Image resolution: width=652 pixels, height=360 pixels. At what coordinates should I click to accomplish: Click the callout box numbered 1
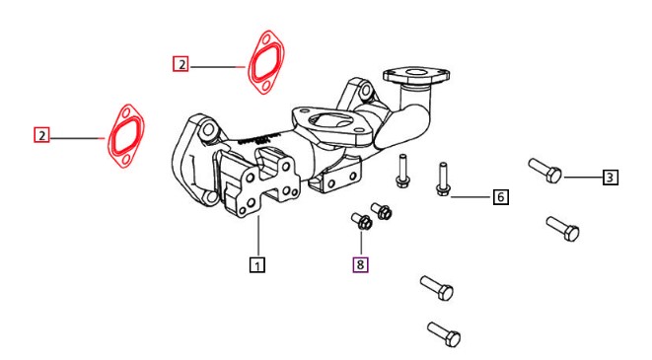coord(257,264)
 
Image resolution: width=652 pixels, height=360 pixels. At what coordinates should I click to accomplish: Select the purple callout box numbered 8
coord(360,264)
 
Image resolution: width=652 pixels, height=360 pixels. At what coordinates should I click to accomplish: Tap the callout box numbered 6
coord(501,196)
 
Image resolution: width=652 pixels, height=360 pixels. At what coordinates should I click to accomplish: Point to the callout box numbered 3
coord(610,178)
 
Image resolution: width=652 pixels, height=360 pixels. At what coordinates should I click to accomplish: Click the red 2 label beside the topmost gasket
coord(181,64)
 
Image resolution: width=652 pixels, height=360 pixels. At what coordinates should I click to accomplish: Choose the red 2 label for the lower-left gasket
coord(41,135)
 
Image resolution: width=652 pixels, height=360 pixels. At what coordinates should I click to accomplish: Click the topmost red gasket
coord(266,62)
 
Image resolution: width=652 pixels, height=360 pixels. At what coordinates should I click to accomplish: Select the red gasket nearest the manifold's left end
coord(126,136)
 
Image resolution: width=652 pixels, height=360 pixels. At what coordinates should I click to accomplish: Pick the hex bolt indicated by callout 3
coord(545,171)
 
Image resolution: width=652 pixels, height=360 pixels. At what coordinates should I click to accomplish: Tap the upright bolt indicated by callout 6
coord(443,180)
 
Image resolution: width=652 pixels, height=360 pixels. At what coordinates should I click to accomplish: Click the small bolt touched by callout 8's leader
coord(362,221)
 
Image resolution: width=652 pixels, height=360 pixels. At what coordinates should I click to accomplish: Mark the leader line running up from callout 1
coord(257,236)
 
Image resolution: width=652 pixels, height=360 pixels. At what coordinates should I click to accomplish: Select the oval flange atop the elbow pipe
coord(416,76)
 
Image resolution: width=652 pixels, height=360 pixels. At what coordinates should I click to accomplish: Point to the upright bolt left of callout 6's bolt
coord(402,171)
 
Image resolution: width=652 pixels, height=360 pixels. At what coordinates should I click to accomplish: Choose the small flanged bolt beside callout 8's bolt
coord(382,211)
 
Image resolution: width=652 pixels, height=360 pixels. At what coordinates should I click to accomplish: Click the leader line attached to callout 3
coord(583,178)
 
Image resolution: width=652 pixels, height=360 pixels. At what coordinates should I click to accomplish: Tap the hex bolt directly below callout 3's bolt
coord(562,229)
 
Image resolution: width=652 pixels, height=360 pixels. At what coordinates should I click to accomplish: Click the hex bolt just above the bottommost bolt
coord(437,288)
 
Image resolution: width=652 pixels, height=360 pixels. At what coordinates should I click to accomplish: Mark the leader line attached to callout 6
coord(471,196)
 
